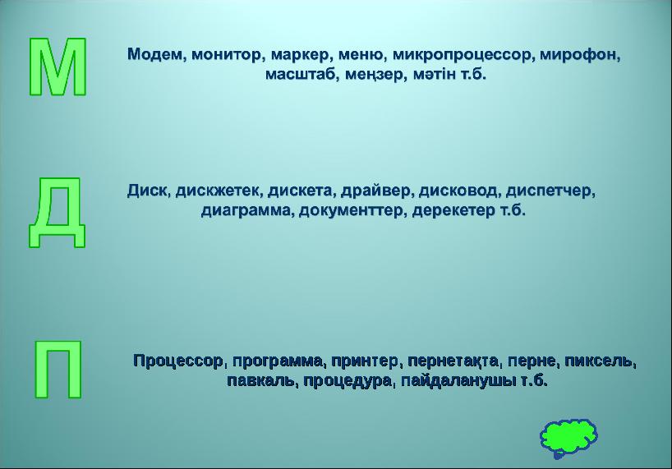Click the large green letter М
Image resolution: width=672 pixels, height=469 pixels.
(x=58, y=67)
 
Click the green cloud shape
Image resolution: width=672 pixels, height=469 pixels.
(x=568, y=435)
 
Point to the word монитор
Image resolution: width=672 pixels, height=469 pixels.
(x=228, y=55)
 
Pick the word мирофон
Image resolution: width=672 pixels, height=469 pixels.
(x=580, y=55)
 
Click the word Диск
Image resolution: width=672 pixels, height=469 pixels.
(x=148, y=191)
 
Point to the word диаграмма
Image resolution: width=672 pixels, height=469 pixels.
(x=246, y=210)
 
